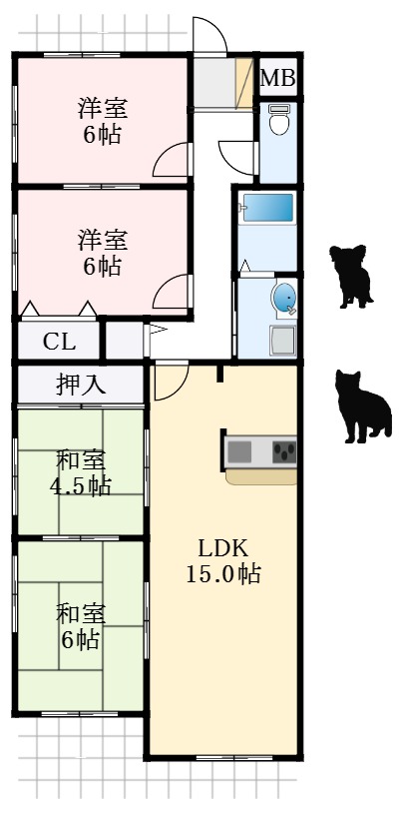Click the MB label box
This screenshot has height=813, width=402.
click(x=278, y=78)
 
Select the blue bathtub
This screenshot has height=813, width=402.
click(x=268, y=210)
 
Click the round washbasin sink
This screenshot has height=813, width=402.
click(x=285, y=298)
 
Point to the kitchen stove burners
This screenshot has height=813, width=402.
click(x=285, y=451)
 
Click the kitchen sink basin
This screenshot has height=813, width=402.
click(x=240, y=451)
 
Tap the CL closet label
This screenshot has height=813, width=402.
click(x=59, y=342)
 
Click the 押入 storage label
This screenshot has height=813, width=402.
click(x=81, y=385)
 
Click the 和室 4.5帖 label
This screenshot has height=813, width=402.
click(x=82, y=473)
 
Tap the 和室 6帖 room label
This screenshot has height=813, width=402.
click(x=80, y=626)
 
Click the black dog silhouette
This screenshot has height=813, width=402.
click(x=351, y=276)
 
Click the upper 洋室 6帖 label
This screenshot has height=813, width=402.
click(x=103, y=122)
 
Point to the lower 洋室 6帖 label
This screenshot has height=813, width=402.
click(x=103, y=253)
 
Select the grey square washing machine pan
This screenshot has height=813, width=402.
click(x=281, y=341)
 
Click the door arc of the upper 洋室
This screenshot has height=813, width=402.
click(x=173, y=160)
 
